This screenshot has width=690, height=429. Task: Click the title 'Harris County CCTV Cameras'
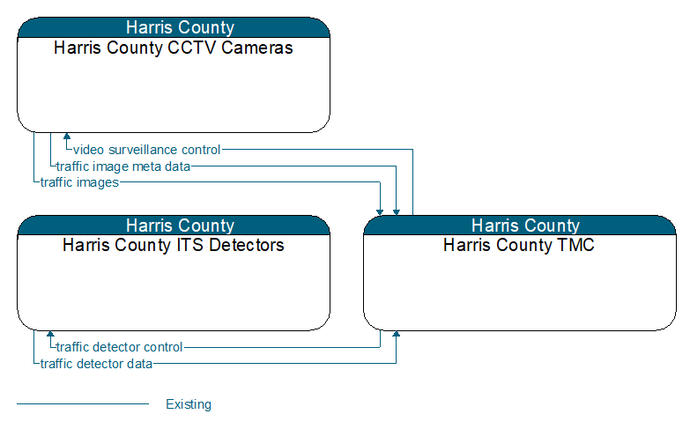(173, 48)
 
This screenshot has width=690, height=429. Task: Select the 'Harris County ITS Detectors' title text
(173, 245)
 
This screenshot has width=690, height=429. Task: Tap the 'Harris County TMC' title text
(519, 245)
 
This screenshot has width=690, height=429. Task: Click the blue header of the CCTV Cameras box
(174, 27)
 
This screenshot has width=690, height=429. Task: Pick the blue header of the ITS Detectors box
(174, 226)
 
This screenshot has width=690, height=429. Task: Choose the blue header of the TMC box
(520, 226)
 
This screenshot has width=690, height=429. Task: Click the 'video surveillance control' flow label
(146, 150)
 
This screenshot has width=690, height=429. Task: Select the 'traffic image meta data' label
(123, 166)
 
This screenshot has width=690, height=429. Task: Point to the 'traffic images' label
(79, 182)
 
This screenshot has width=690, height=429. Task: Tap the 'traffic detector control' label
(119, 347)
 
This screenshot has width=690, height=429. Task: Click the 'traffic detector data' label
(96, 364)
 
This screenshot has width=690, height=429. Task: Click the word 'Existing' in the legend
(189, 404)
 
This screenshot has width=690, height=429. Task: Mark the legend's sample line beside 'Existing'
(83, 403)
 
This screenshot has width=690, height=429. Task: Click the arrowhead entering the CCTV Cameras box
(67, 136)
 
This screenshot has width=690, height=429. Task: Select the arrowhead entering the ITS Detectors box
(50, 334)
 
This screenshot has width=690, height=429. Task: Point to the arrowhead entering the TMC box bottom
(397, 334)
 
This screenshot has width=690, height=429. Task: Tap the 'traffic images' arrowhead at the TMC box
(380, 212)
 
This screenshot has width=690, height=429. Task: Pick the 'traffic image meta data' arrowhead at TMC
(397, 212)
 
